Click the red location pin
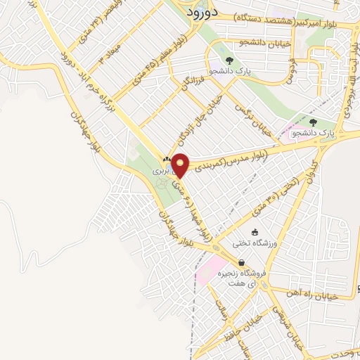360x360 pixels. tap(181, 165)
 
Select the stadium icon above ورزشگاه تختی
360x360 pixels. tap(254, 232)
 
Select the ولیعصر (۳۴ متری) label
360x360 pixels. tap(87, 22)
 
